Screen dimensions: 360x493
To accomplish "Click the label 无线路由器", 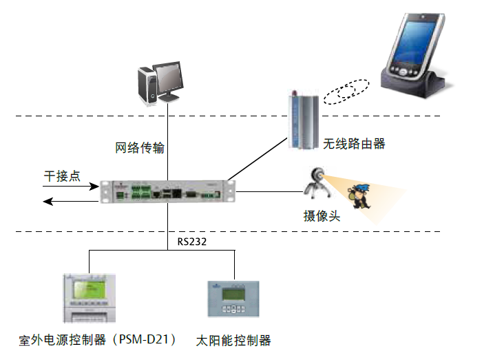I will point(354,144).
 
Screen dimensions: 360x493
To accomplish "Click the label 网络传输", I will point(140,147).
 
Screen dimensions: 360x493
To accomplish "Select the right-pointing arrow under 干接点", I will point(69,186).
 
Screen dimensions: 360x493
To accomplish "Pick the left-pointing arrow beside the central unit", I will point(69,200).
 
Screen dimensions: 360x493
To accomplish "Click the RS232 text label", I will point(192,242).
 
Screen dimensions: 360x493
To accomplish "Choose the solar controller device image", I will point(235,298).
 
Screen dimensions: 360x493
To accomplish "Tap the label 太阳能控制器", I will point(233,340).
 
